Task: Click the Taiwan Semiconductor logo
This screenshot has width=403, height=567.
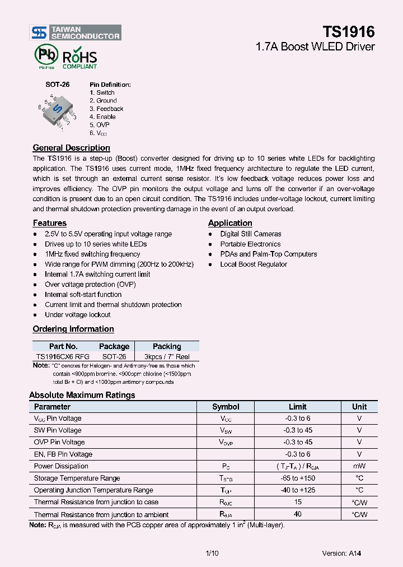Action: click(x=75, y=32)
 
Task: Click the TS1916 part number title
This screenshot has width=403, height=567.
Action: click(x=348, y=31)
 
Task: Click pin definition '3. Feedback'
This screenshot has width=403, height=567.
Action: click(x=106, y=109)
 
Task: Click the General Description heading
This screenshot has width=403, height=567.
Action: click(x=71, y=148)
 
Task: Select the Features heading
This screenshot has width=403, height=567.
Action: click(x=49, y=223)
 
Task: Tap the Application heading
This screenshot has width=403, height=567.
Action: click(x=230, y=223)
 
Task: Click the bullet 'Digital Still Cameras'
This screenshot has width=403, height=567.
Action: click(x=250, y=234)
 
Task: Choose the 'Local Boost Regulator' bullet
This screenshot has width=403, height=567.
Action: click(x=253, y=264)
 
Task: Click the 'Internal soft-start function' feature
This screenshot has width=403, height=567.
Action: click(x=83, y=295)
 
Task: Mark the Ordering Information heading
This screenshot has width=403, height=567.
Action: click(x=73, y=329)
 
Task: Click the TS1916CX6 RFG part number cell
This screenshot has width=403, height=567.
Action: click(x=63, y=356)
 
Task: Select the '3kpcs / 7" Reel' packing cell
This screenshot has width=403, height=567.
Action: click(x=167, y=356)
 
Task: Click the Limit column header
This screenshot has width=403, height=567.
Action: click(x=297, y=407)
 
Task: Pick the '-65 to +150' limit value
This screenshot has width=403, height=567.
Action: click(x=297, y=478)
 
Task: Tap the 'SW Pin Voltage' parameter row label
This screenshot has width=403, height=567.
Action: click(x=58, y=430)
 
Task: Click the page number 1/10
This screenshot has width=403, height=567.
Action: click(x=212, y=554)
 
